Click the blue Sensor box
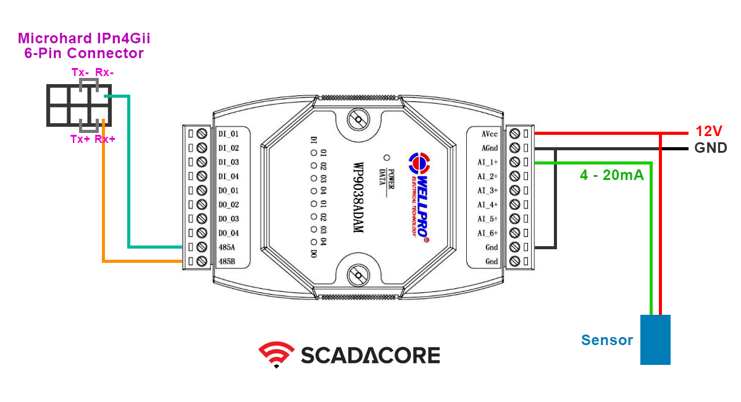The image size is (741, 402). pyautogui.click(x=655, y=340)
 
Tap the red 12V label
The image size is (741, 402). pyautogui.click(x=708, y=131)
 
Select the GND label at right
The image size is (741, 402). pyautogui.click(x=710, y=148)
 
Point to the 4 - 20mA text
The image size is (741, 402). pyautogui.click(x=611, y=175)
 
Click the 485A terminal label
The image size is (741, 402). pyautogui.click(x=227, y=247)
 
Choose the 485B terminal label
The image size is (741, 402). pyautogui.click(x=227, y=262)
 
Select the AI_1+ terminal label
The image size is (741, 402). pyautogui.click(x=488, y=162)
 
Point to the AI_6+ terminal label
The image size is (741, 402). pyautogui.click(x=488, y=233)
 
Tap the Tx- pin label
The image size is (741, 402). pyautogui.click(x=80, y=72)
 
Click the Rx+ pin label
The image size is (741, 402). pyautogui.click(x=105, y=139)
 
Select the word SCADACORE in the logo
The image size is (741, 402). pyautogui.click(x=371, y=355)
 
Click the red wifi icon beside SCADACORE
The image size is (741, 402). pyautogui.click(x=276, y=354)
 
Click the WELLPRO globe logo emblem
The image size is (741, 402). pyautogui.click(x=418, y=163)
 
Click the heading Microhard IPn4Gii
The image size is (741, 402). pyautogui.click(x=84, y=39)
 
